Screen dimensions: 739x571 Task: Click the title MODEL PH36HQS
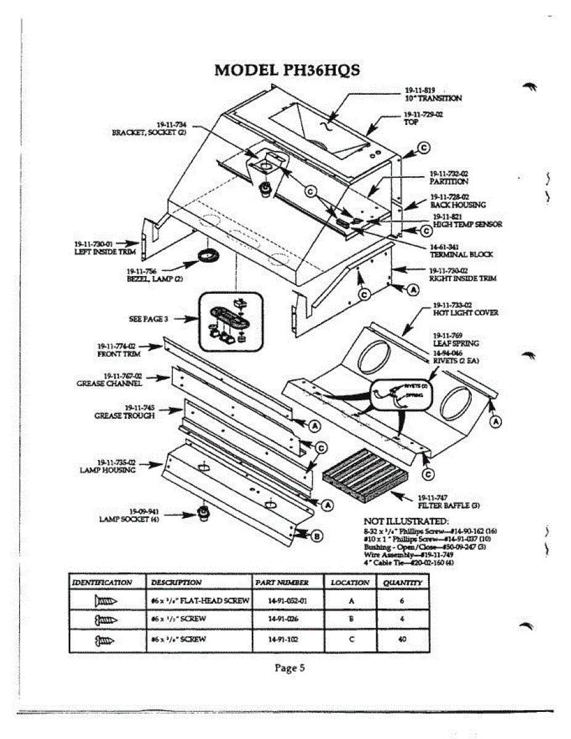tap(287, 70)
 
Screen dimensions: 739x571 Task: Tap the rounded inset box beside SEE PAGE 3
tap(230, 320)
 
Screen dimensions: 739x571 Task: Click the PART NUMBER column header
tap(281, 582)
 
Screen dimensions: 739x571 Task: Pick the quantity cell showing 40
tap(402, 639)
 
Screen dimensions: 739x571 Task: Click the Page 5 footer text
tap(289, 668)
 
